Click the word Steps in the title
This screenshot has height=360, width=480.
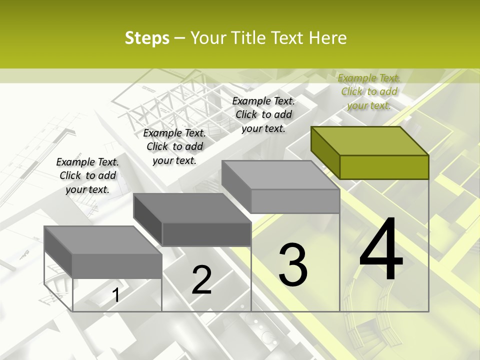pos(147,38)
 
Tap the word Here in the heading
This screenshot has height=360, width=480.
pos(328,38)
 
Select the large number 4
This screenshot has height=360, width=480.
pos(381,250)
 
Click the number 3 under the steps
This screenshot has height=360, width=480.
pos(293,265)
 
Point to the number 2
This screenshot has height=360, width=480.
pos(202,280)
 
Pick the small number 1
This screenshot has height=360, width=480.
pos(116,295)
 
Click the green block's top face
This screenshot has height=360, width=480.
pos(370,141)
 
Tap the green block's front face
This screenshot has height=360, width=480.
pos(384,167)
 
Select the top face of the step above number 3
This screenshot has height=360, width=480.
pos(280,175)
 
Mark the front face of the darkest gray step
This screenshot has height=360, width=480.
pos(206,234)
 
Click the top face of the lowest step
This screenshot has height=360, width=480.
pos(103,240)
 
